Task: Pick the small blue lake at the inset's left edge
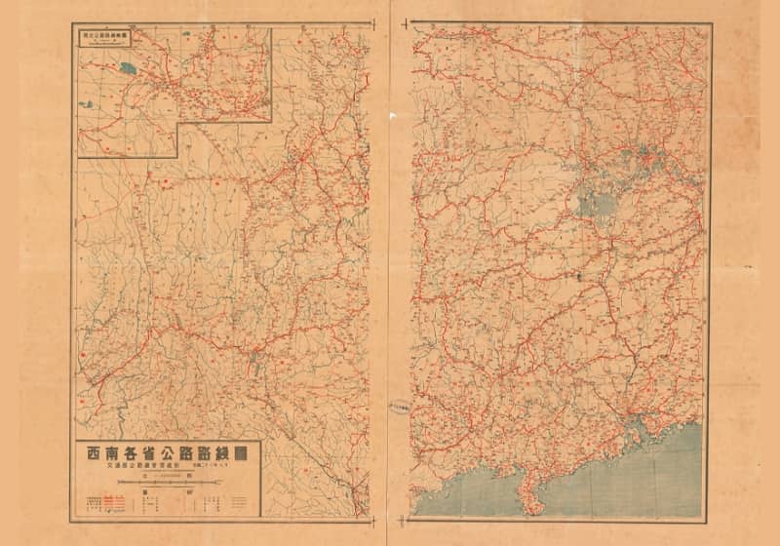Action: [82, 100]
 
